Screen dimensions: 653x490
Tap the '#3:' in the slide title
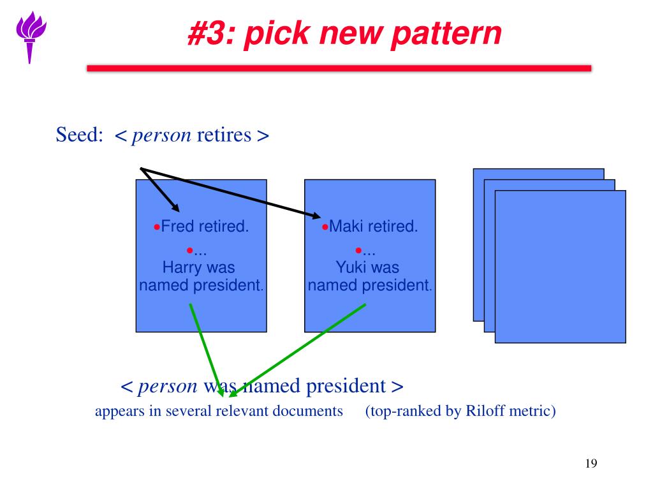210,34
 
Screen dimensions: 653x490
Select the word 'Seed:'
80,135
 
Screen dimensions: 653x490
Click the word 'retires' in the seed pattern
224,135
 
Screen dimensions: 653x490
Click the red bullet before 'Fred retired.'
157,227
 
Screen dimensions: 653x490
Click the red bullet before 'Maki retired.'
325,227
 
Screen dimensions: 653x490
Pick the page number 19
591,463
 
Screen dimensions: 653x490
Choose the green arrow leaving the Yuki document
300,348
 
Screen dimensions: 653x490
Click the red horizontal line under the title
339,68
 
